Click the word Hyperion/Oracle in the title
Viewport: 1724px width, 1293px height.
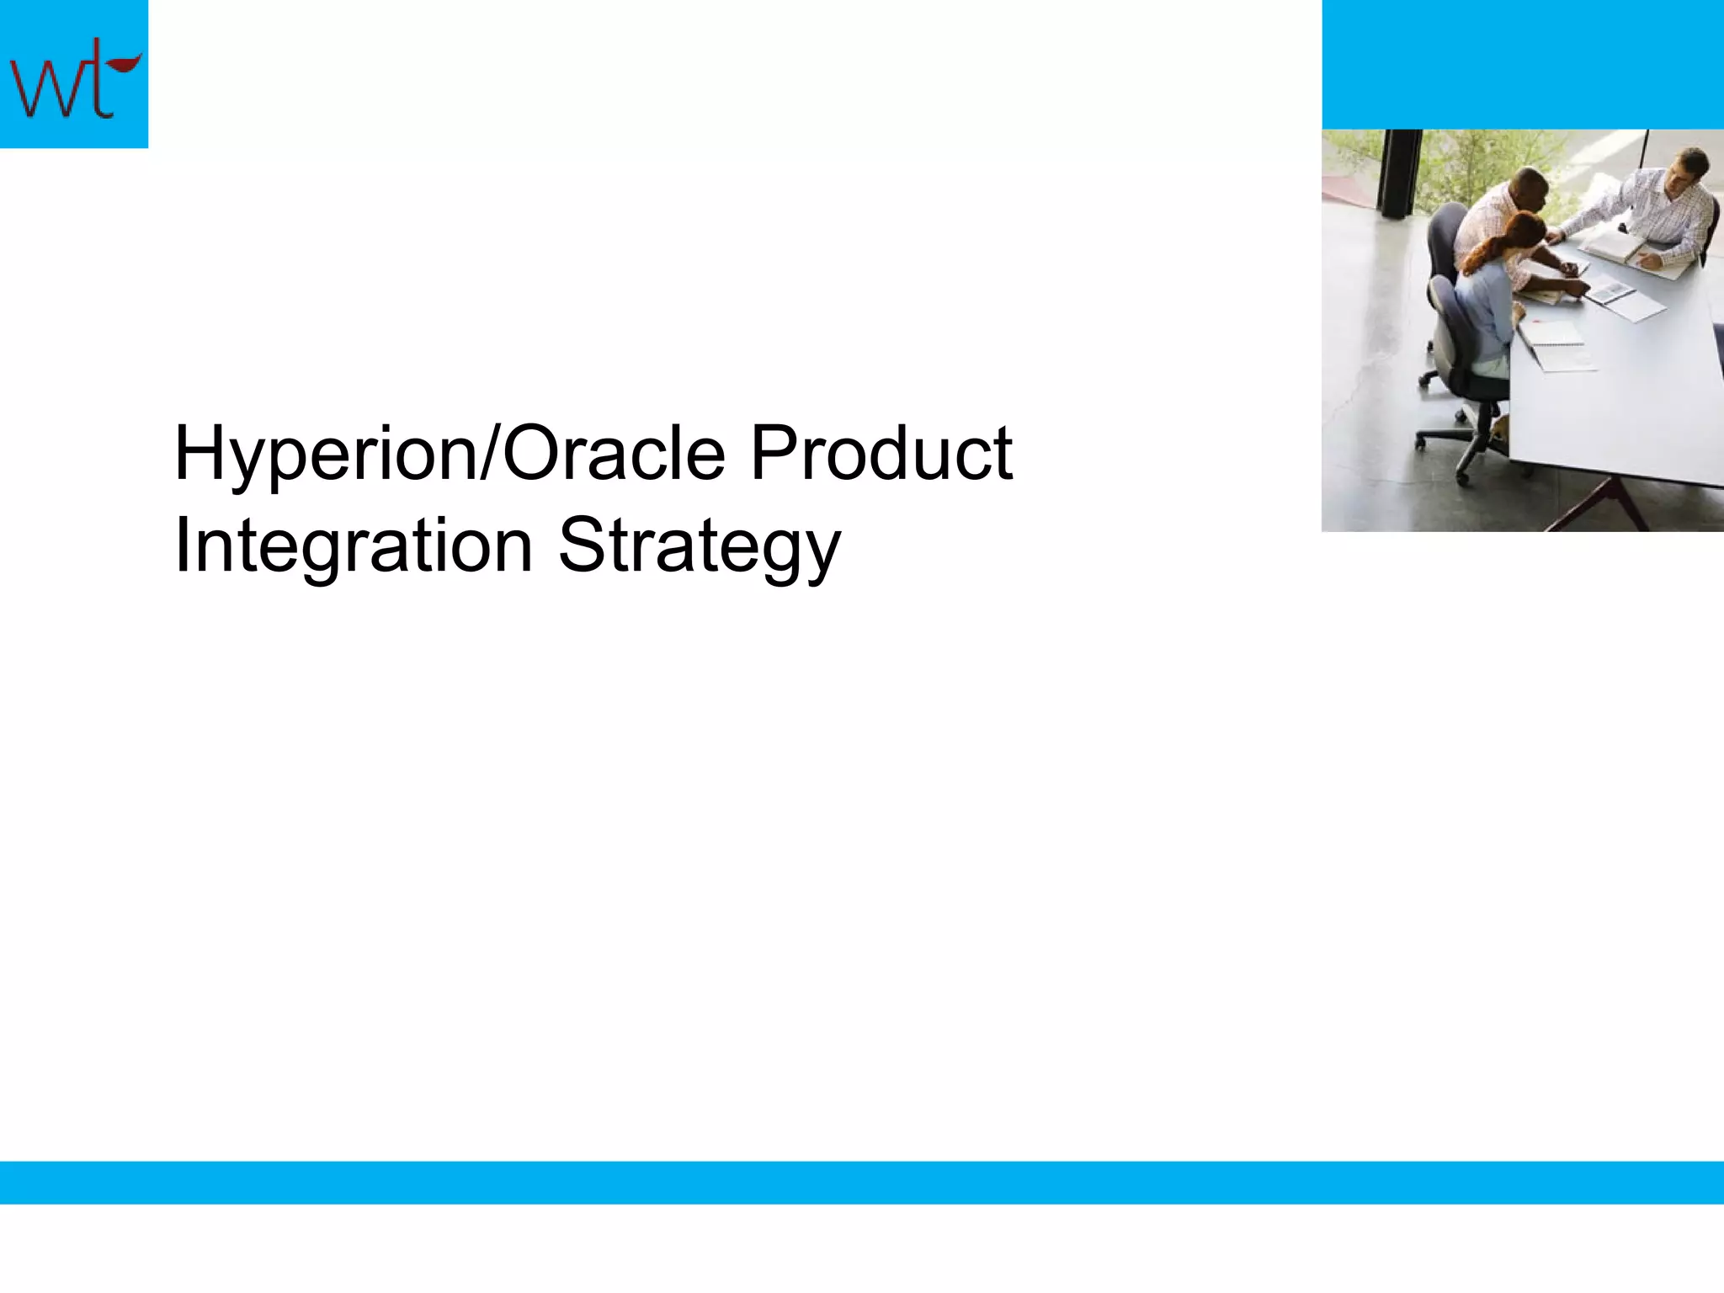coord(450,455)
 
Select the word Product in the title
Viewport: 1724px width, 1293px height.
coord(881,455)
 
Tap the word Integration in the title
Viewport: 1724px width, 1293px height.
coord(354,547)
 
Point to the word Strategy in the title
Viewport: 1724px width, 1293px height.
coord(699,547)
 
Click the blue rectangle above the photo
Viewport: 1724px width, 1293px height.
coord(1522,64)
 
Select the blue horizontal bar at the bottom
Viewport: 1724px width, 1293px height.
coord(862,1182)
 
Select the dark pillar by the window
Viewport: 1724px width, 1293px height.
coord(1397,173)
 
